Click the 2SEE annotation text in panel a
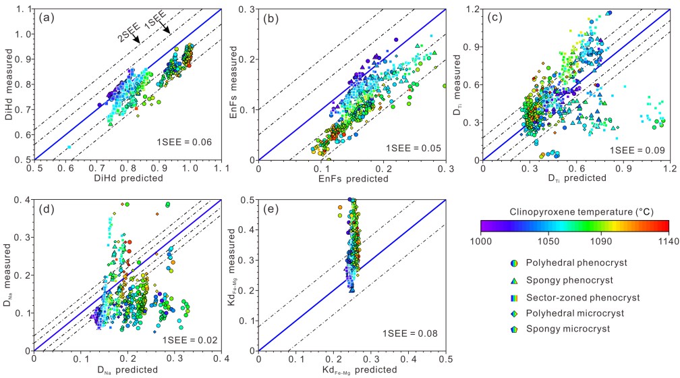[128, 34]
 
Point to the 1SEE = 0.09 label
[637, 149]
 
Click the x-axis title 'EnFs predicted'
[351, 178]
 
